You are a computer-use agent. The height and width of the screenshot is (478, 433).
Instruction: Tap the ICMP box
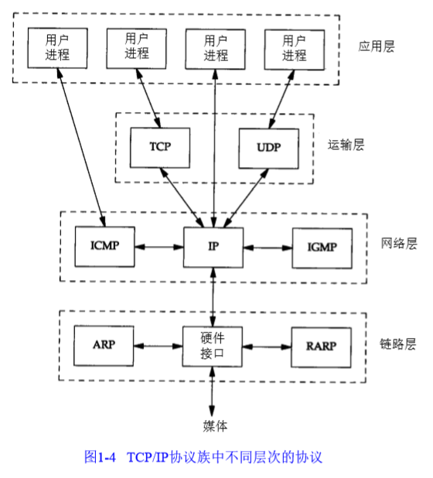104,247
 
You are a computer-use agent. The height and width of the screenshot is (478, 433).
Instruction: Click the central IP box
213,247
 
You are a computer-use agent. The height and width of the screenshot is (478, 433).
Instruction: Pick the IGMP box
319,247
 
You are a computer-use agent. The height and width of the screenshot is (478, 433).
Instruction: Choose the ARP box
104,344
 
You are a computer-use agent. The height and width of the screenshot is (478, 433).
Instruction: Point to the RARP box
319,344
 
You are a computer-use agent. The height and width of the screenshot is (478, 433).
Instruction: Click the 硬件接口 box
213,344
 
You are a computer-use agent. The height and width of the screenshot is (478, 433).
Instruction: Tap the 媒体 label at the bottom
214,425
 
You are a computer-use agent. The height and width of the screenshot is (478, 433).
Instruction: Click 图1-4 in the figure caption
99,456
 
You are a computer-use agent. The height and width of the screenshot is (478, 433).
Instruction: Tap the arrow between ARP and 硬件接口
159,345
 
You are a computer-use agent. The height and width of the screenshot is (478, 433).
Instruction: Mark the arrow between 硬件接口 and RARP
267,345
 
